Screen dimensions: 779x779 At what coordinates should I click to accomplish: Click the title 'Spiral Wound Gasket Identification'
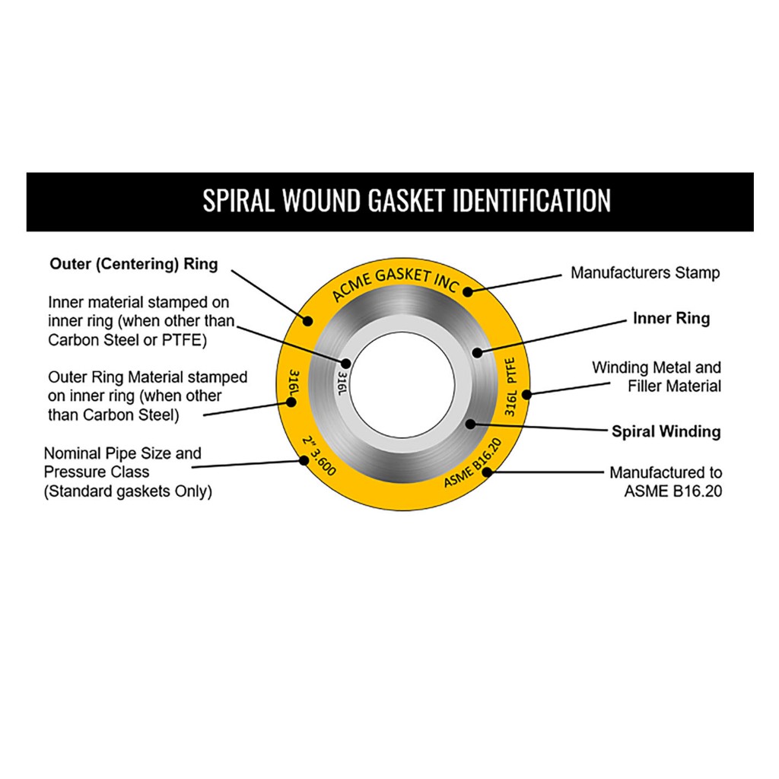tap(406, 201)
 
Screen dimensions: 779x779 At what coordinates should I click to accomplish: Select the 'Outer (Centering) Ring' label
tap(134, 265)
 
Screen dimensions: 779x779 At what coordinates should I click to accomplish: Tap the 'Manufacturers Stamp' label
tap(645, 272)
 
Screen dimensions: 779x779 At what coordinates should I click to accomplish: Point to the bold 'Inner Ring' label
tap(671, 318)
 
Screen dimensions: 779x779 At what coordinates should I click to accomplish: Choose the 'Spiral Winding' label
tap(666, 431)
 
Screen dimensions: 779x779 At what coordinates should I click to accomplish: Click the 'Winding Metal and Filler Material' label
tap(657, 377)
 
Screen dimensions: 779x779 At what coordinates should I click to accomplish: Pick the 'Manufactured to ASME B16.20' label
tap(666, 482)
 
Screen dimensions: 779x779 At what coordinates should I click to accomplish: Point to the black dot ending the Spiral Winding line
tap(470, 423)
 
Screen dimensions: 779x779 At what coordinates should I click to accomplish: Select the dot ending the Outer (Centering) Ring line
tap(308, 321)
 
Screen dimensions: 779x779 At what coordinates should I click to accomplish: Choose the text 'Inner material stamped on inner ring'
tap(141, 321)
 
